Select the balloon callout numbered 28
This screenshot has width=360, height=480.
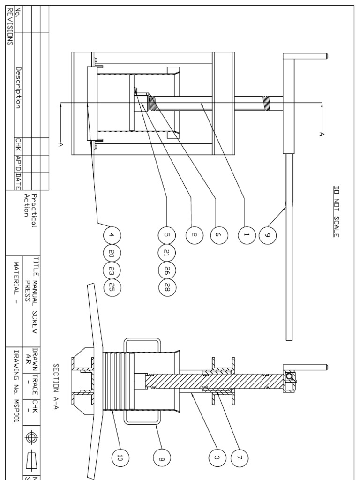coord(167,287)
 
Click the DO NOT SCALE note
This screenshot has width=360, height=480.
coord(336,211)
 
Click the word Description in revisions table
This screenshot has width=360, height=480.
coord(19,88)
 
